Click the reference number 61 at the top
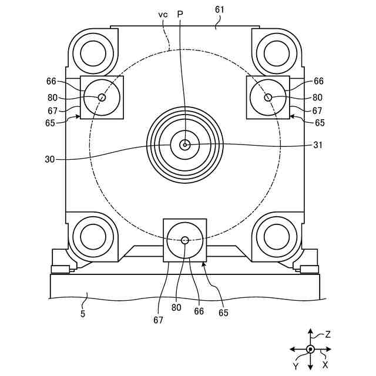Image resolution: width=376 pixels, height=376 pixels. pos(219,10)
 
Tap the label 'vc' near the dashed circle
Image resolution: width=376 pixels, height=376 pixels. pos(163,14)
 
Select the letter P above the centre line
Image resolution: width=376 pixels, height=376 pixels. pos(180,14)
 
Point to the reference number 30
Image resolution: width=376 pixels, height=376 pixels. pos(49,159)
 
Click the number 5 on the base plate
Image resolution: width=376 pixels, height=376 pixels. pos(83,314)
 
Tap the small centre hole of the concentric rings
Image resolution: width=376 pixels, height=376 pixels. pos(184,145)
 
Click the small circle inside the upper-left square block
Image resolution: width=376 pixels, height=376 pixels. pos(102,98)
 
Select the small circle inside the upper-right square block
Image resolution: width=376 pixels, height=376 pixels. pos(268,98)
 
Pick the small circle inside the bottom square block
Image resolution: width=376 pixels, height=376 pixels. pos(185,240)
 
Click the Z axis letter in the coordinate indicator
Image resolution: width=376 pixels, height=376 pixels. pos(328,335)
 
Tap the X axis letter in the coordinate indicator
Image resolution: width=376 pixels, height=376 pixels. pos(325,364)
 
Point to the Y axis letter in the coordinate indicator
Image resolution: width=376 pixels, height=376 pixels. pos(296,366)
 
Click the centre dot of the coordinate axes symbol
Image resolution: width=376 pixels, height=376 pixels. pos(310,350)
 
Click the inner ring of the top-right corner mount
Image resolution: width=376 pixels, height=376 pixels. pos(277,54)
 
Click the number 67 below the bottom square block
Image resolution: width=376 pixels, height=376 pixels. pos(157,320)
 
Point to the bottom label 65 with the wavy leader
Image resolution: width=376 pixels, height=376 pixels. pos(223,313)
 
